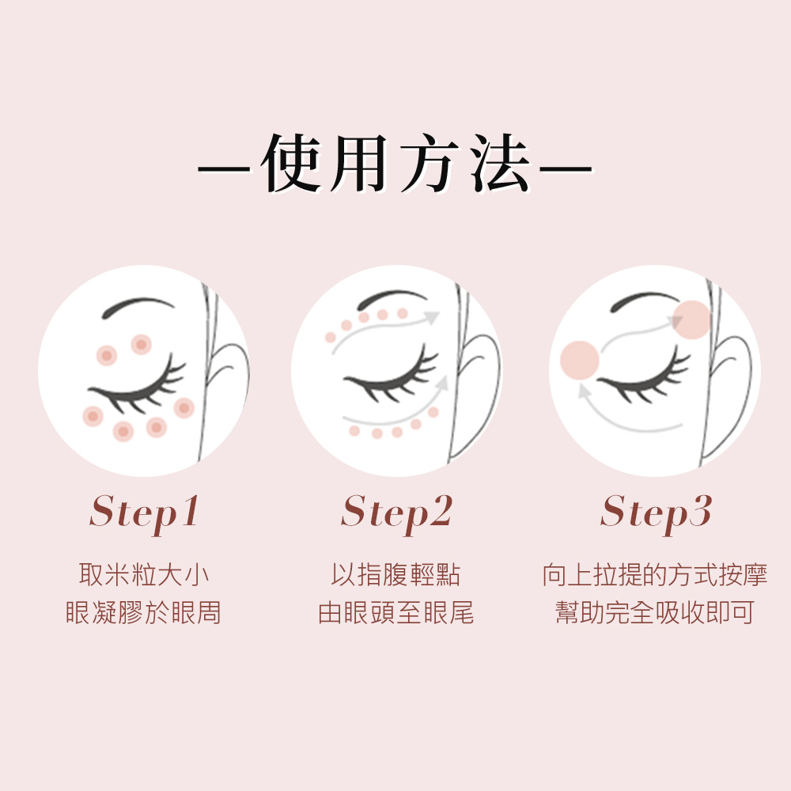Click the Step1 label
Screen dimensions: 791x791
coord(145,513)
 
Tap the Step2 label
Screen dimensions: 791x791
coord(396,513)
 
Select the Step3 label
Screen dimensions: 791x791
coord(656,513)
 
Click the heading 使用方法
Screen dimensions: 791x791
coord(396,163)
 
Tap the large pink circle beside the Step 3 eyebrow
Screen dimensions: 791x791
coord(692,320)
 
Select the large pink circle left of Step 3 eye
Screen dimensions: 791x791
coord(580,360)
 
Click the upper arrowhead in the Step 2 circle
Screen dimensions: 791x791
coord(432,317)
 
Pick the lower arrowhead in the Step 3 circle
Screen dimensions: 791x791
coord(585,391)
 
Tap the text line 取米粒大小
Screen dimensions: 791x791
coord(144,574)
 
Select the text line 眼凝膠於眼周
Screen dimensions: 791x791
coord(144,612)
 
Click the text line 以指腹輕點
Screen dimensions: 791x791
coord(396,574)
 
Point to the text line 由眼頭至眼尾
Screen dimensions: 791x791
coord(396,612)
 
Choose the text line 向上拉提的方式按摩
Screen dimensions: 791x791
coord(655,574)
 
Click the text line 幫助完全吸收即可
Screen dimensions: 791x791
coord(655,612)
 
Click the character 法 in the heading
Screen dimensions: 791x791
coord(501,163)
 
